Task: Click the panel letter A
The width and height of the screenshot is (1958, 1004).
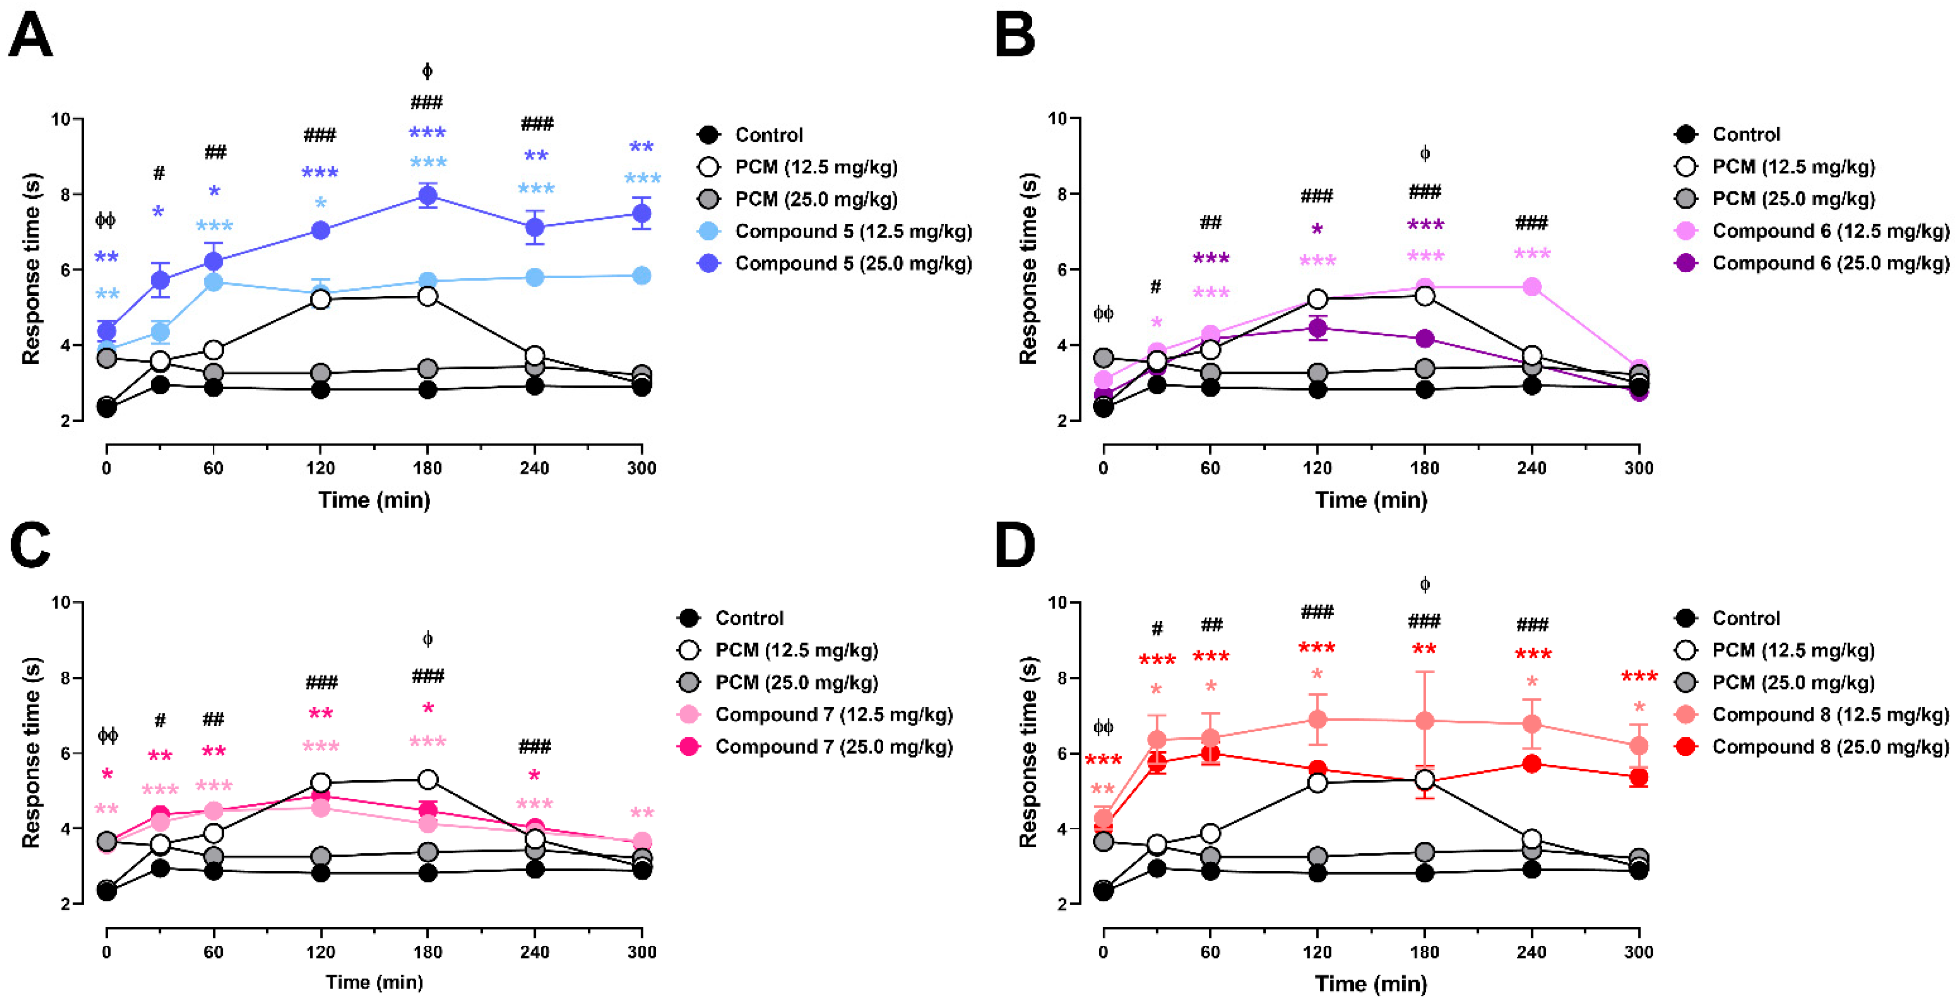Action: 31,36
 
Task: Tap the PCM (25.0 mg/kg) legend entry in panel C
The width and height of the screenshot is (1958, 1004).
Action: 777,682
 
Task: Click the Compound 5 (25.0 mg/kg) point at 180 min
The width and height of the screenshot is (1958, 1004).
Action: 428,196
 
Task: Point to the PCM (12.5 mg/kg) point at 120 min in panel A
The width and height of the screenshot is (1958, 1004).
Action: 321,300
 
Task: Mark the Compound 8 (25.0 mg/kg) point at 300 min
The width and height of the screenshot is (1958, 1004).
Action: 1639,777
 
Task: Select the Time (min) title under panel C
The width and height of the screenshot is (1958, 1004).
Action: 374,982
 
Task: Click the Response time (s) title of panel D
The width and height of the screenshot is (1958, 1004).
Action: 1028,753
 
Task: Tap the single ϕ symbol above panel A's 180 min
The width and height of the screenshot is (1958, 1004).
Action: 427,72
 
